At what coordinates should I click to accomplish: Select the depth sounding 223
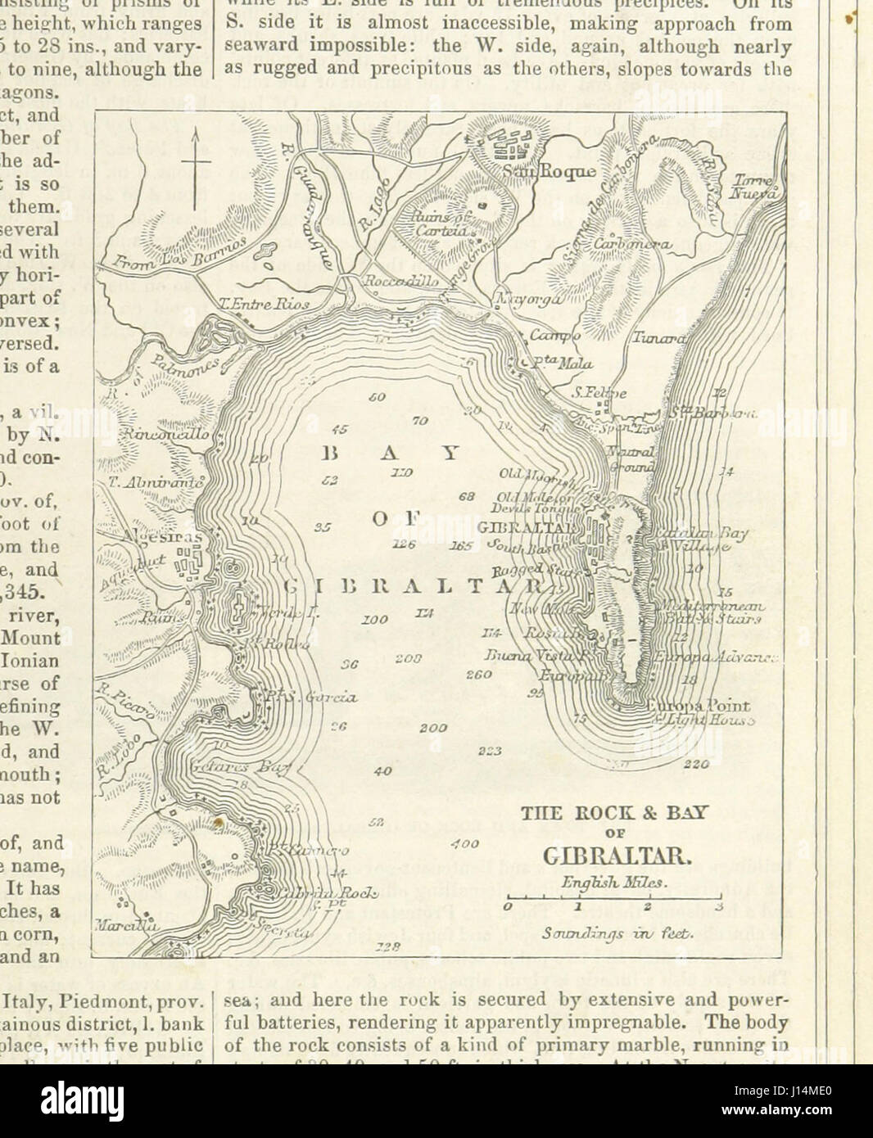tap(490, 750)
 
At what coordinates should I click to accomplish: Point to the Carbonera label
tap(632, 244)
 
